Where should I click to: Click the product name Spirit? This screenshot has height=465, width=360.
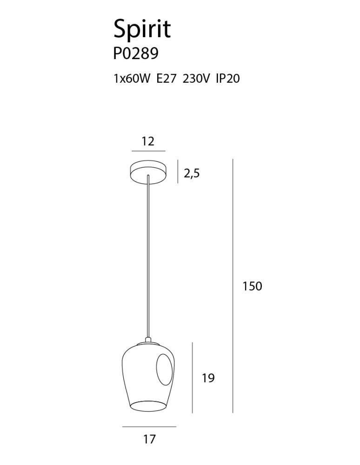[x=142, y=29]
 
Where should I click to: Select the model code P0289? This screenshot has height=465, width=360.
[x=136, y=54]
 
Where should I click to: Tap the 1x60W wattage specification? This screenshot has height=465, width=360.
[x=132, y=79]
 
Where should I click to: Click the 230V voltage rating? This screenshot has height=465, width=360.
[x=197, y=79]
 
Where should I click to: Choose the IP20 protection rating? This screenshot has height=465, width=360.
[x=227, y=79]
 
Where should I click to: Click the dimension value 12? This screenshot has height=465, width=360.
[x=148, y=141]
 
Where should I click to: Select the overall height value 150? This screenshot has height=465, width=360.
[x=253, y=286]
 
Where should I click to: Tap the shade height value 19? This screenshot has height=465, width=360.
[x=209, y=378]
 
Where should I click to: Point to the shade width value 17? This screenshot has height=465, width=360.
[x=149, y=438]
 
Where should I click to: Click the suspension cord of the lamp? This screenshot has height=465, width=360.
[x=148, y=256]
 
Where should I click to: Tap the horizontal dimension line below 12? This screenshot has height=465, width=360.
[x=148, y=151]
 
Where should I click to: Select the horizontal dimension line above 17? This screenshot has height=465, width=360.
[x=149, y=426]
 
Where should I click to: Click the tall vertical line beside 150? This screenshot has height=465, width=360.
[x=233, y=286]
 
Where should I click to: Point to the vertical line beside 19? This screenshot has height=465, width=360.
[x=193, y=377]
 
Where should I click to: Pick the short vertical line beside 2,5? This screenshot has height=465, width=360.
[x=178, y=172]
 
